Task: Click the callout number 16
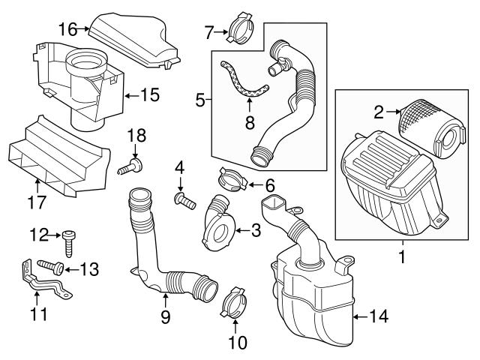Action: [x=67, y=29]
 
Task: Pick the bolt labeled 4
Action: [x=183, y=199]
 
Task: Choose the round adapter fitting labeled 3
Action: [x=217, y=225]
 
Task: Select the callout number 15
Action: [x=151, y=95]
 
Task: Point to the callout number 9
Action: [x=165, y=317]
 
